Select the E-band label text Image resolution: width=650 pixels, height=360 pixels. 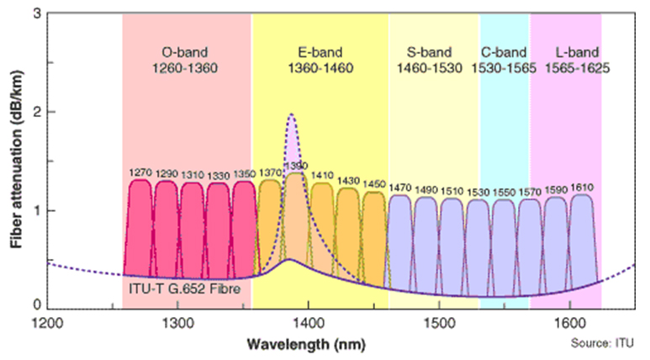[320, 52]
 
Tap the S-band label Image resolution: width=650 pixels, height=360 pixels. [429, 52]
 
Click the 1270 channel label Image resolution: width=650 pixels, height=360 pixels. [140, 173]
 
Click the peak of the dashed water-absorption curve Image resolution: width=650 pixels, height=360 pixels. [292, 115]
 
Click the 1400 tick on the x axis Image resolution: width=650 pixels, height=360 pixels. [309, 323]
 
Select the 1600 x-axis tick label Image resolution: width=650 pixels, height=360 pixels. [570, 323]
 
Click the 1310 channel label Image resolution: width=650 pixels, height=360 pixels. [192, 173]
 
